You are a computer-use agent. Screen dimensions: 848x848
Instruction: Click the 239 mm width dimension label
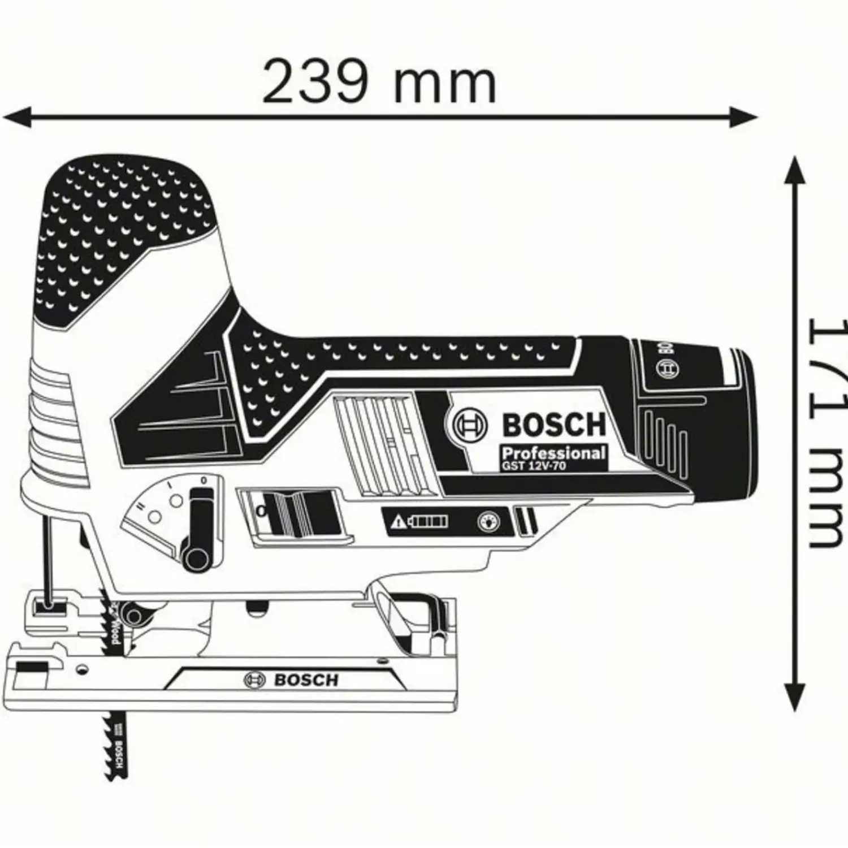(379, 83)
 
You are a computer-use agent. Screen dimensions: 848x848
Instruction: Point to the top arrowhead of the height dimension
(795, 170)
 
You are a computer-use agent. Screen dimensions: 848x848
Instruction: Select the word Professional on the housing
(553, 453)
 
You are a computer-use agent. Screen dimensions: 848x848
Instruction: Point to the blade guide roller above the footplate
(133, 615)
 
